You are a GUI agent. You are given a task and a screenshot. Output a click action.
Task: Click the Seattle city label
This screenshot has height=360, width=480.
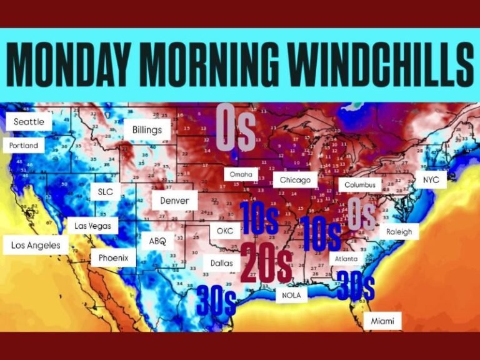(29, 122)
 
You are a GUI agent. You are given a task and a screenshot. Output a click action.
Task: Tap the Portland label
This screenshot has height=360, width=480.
(24, 146)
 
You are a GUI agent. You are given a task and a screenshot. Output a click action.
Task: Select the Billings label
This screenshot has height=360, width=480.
(147, 130)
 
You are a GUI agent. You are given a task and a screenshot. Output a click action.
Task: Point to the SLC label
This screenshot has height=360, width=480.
(106, 192)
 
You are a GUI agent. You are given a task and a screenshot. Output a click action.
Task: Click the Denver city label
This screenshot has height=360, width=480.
(174, 201)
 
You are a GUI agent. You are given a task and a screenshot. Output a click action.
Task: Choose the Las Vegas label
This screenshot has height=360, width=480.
(93, 225)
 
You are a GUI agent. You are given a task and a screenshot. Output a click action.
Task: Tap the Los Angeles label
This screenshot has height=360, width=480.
(36, 245)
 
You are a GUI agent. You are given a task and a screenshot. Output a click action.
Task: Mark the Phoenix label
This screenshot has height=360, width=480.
(113, 257)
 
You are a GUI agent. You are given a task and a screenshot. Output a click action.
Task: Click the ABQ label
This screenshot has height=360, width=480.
(157, 241)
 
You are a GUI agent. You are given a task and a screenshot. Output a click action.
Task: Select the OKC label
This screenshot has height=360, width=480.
(224, 231)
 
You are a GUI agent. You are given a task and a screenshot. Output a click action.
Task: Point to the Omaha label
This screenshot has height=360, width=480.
(241, 174)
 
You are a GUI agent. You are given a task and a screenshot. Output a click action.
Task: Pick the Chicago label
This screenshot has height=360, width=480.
(295, 180)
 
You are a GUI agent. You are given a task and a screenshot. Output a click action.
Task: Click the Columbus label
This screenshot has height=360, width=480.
(360, 185)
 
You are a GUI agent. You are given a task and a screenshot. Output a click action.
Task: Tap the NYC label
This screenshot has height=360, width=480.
(431, 179)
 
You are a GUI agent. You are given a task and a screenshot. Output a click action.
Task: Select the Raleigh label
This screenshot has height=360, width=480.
(399, 231)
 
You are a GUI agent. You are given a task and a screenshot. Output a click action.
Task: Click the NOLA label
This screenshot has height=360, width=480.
(291, 294)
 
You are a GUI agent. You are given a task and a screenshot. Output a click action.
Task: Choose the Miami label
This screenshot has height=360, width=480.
(382, 321)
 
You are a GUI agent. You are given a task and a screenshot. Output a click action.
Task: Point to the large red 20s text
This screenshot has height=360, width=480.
(266, 263)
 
